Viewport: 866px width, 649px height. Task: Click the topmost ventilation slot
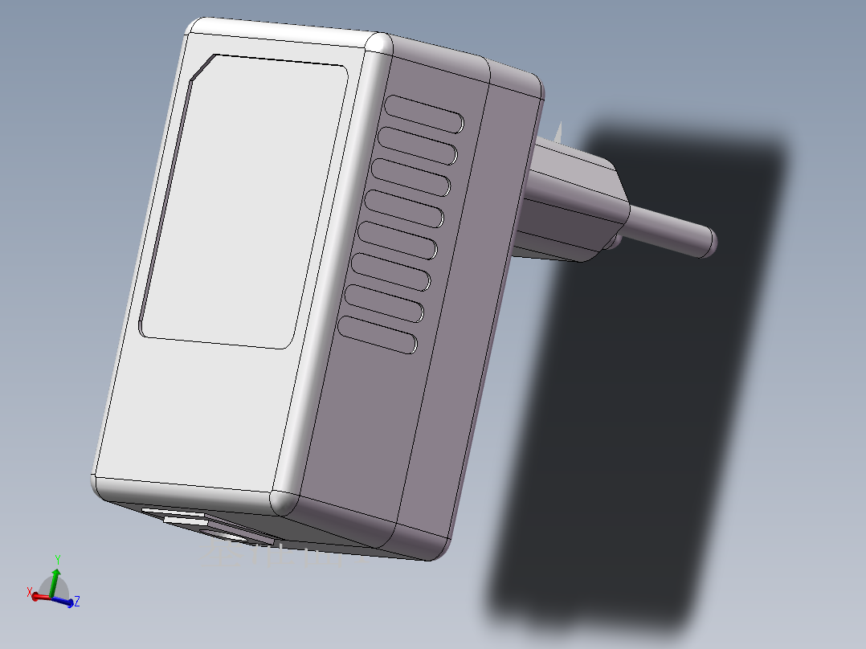[x=424, y=113]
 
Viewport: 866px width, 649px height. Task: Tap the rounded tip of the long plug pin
[x=709, y=242]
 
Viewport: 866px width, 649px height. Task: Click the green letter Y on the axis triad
[x=58, y=560]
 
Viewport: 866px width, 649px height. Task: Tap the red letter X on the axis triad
[x=30, y=593]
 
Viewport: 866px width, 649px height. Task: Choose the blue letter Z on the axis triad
[x=76, y=601]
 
